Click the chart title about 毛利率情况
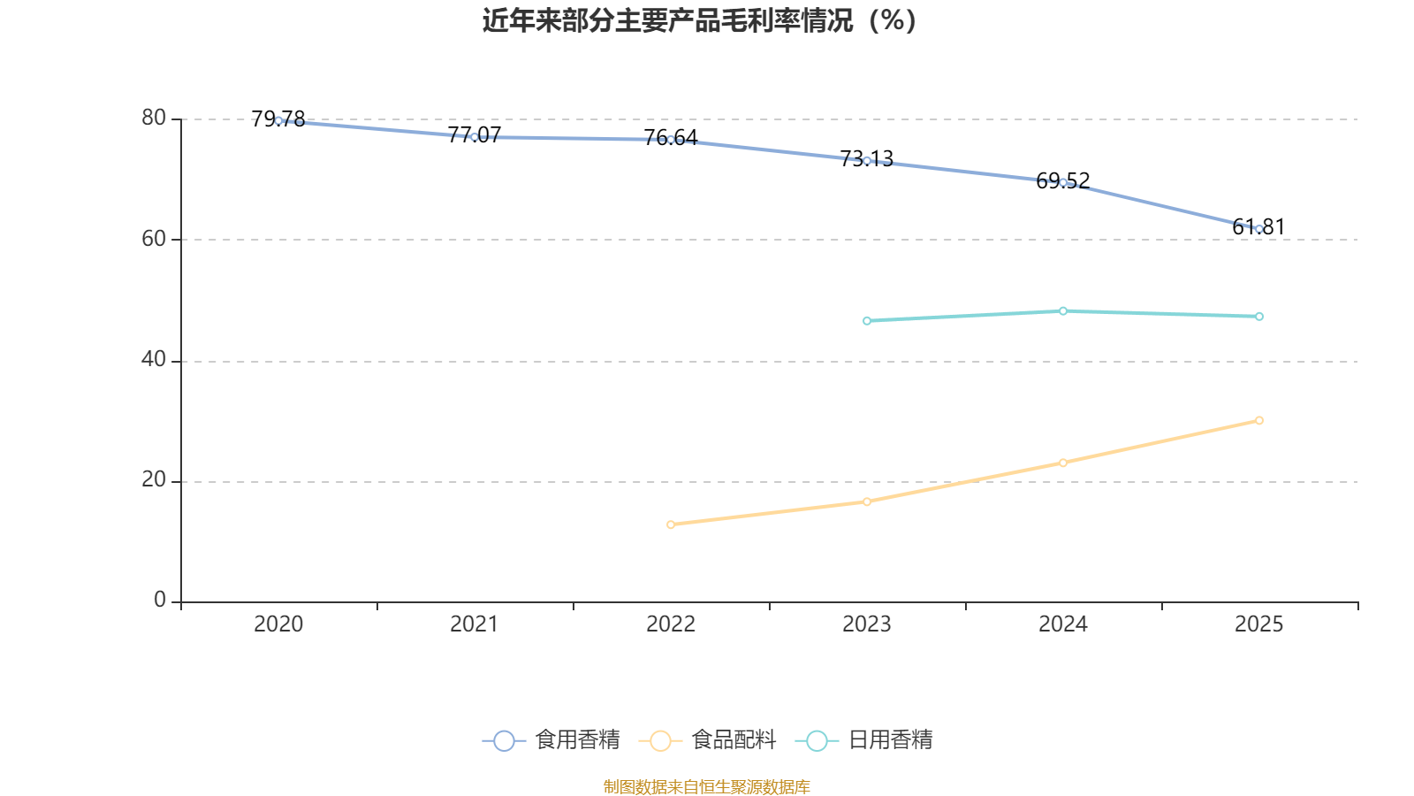coord(700,20)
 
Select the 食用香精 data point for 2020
coord(278,120)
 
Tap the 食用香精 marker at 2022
coord(671,140)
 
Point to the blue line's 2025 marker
coord(1259,229)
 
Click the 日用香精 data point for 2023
coord(867,321)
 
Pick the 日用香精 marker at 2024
coord(1063,311)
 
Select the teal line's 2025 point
coord(1259,317)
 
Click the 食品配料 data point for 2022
coord(671,524)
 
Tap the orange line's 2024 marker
coord(1063,463)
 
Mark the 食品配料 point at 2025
coord(1259,421)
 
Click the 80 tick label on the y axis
coord(153,119)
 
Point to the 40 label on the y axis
coord(153,360)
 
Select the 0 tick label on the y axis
coord(160,601)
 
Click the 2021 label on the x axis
coord(475,624)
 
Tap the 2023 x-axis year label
coord(867,624)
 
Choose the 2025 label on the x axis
coord(1259,624)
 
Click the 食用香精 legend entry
coord(552,740)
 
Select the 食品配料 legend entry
coord(708,740)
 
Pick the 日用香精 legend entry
coord(865,740)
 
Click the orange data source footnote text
coord(707,786)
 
